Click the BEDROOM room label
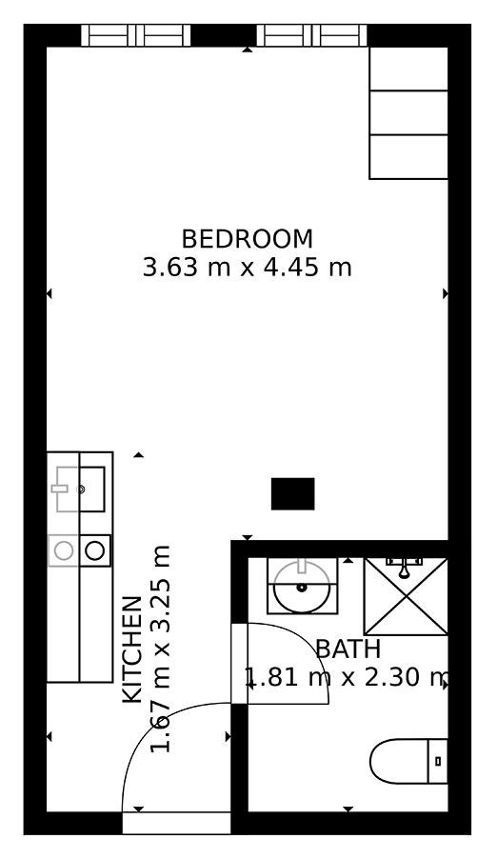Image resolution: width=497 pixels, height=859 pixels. (248, 239)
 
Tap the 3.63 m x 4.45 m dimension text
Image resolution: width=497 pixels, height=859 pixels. (248, 268)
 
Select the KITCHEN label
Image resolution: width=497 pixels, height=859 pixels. (132, 649)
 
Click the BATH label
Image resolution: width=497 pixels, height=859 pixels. (348, 649)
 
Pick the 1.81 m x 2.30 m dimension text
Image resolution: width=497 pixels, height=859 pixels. (348, 678)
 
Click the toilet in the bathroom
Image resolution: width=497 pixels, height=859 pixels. (408, 761)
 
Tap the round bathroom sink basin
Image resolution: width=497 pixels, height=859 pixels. (302, 588)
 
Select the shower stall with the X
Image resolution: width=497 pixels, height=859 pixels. (406, 596)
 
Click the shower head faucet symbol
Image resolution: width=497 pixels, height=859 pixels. (405, 568)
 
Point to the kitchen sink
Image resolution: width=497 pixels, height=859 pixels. (78, 489)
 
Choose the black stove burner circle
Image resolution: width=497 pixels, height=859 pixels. (95, 550)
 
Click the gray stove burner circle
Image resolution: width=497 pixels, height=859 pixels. (64, 550)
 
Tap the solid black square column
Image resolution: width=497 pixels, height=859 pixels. (293, 493)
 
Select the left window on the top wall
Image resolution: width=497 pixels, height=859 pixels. (136, 35)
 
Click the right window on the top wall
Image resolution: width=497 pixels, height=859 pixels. (312, 35)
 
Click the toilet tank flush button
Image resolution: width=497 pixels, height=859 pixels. (438, 761)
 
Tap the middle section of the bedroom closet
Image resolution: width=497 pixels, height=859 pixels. (408, 113)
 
